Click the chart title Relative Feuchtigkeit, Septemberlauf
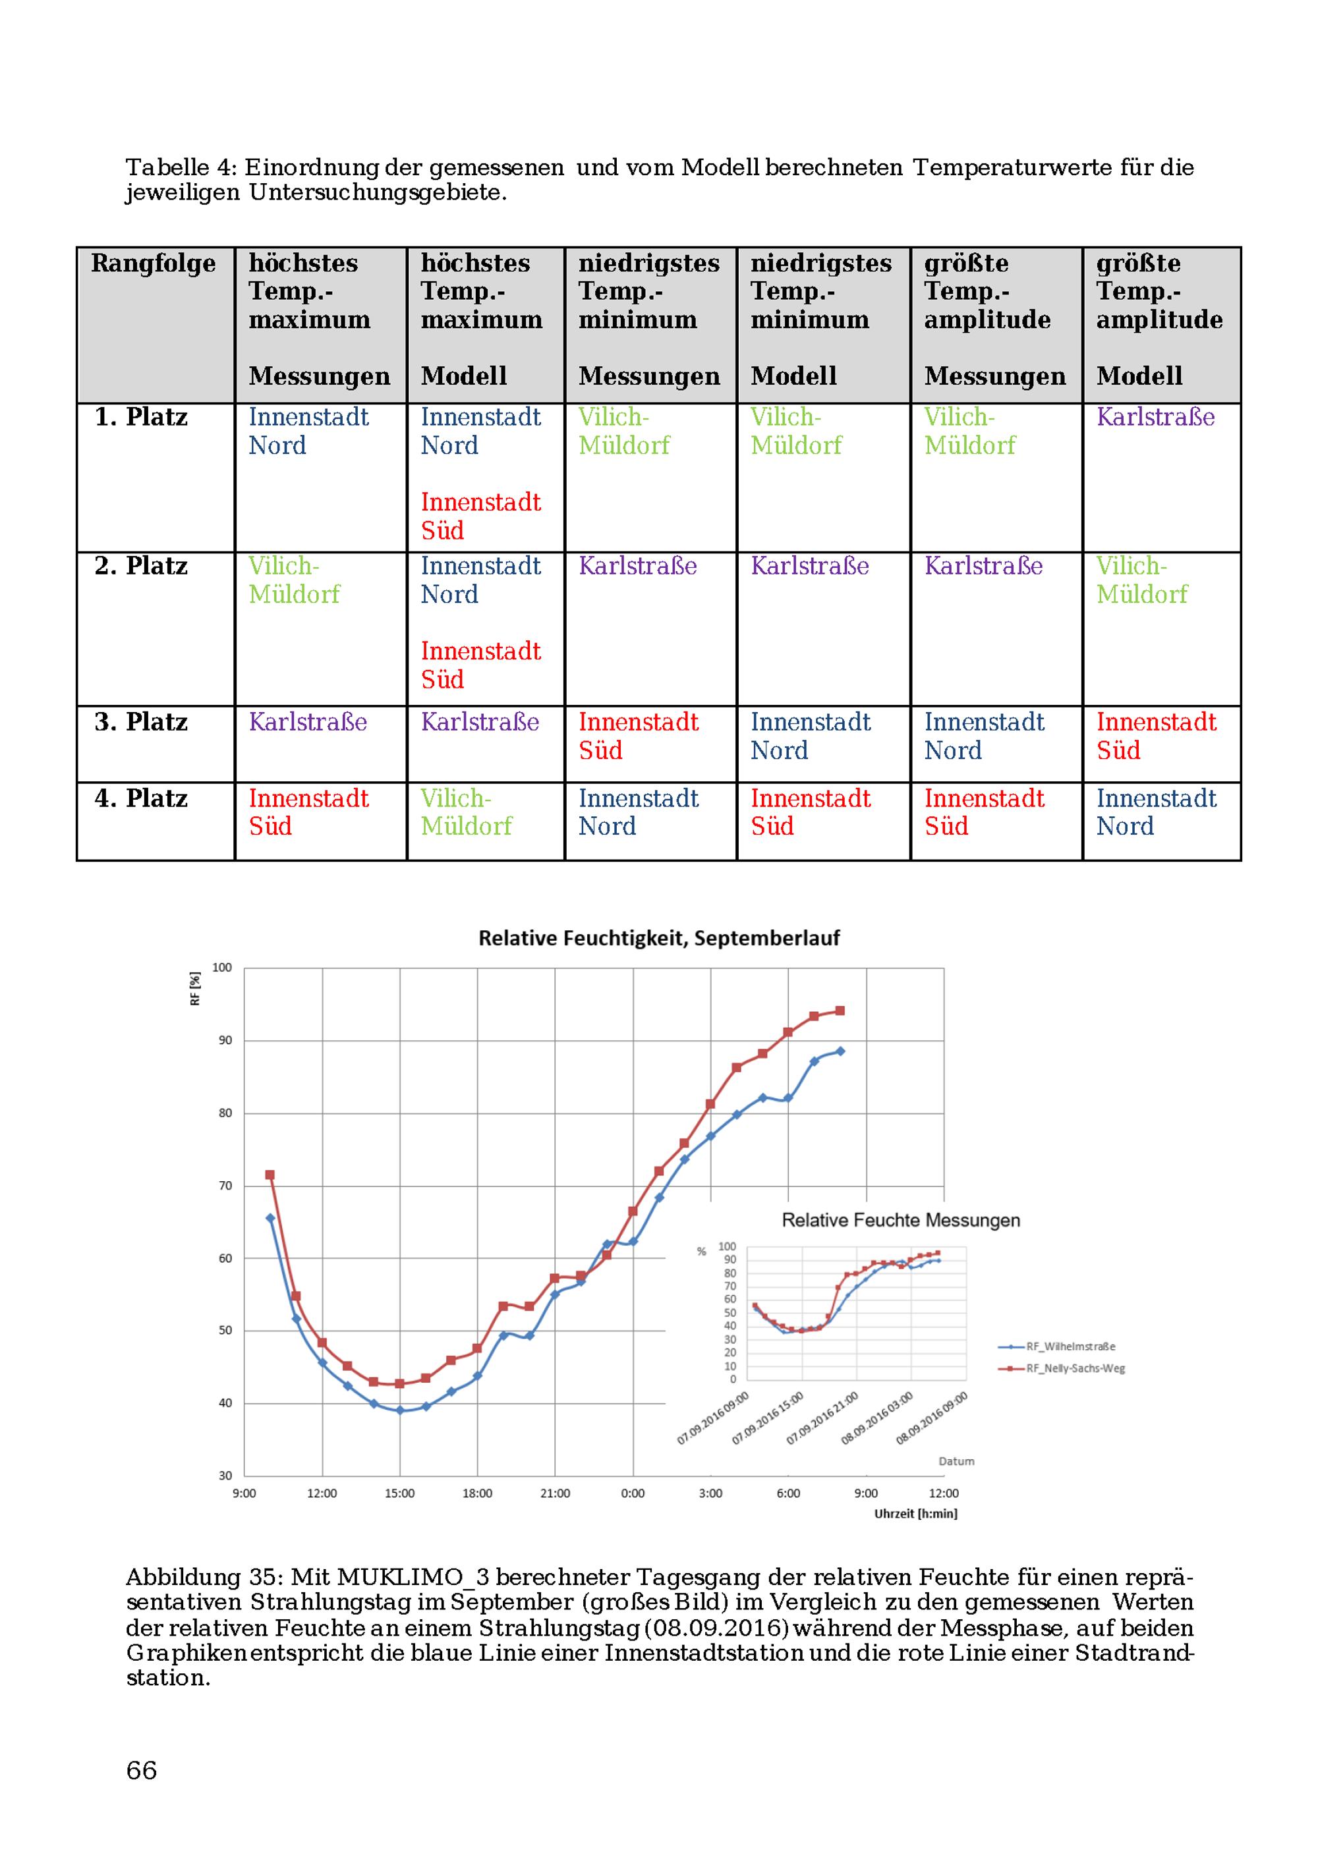click(658, 938)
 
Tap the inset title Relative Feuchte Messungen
click(901, 1219)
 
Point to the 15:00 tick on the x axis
click(399, 1493)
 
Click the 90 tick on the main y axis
click(225, 1040)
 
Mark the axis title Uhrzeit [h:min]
click(915, 1513)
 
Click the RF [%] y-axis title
click(195, 989)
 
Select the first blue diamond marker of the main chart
click(270, 1218)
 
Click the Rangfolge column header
click(154, 263)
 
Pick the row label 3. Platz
click(140, 721)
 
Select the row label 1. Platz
click(140, 416)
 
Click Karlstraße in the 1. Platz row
click(1156, 416)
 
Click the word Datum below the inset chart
click(956, 1460)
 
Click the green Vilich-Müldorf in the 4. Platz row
click(467, 812)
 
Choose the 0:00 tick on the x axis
click(633, 1493)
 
